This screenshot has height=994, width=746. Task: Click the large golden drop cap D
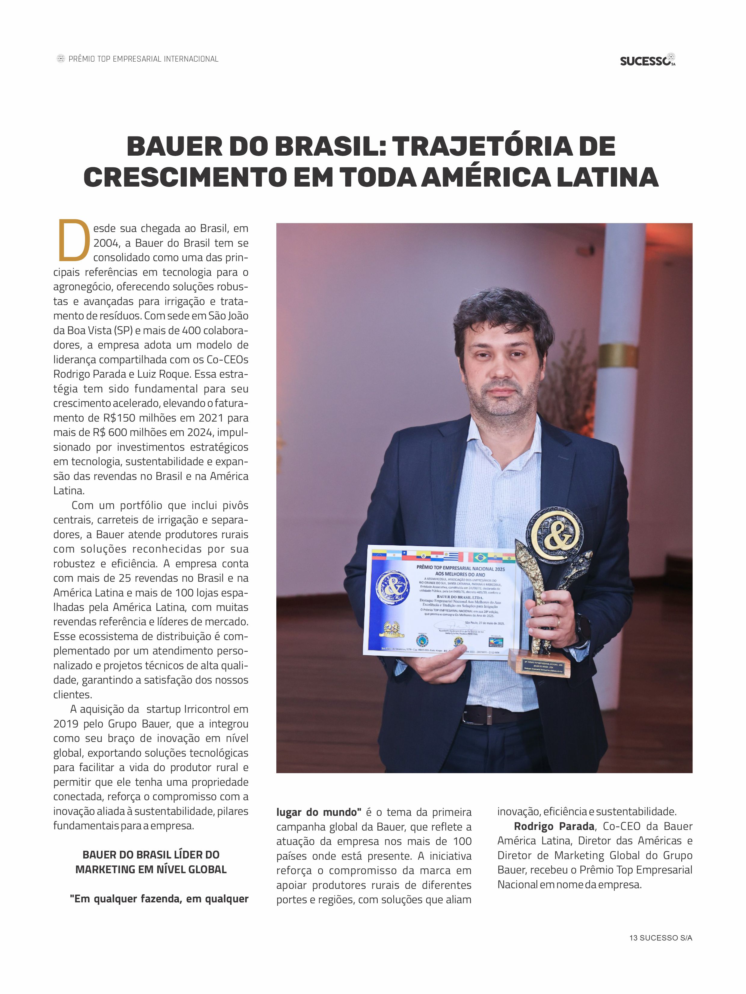point(74,240)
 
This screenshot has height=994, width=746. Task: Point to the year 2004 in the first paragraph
point(106,243)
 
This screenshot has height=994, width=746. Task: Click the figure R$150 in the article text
point(119,418)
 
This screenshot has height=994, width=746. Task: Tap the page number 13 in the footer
point(634,938)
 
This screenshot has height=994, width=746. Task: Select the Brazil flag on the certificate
point(480,558)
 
